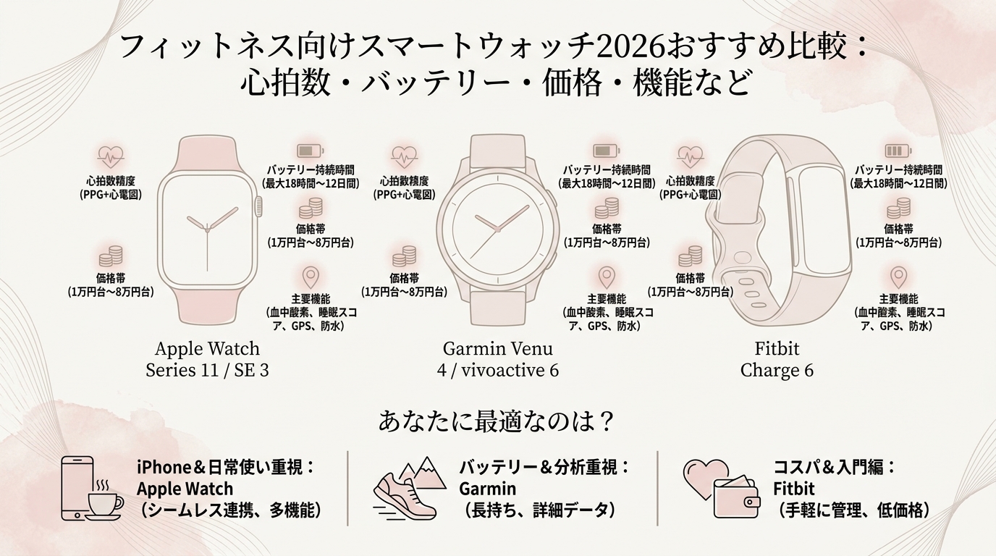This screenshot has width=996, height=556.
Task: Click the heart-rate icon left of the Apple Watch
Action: tap(111, 156)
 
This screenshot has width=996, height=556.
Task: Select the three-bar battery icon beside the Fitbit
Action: tap(898, 151)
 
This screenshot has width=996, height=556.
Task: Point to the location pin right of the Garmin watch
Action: tap(607, 277)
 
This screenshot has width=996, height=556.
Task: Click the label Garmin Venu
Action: tap(497, 349)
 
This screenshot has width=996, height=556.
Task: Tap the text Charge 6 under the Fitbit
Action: tap(777, 370)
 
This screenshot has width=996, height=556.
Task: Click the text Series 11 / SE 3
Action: tap(207, 370)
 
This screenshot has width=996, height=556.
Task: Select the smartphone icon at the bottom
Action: tap(77, 488)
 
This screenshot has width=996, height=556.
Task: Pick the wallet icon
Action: tap(736, 498)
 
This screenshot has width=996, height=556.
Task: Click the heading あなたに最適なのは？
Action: tap(497, 421)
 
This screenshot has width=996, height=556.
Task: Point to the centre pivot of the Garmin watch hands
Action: tap(497, 229)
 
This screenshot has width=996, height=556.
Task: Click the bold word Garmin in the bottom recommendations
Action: tap(487, 489)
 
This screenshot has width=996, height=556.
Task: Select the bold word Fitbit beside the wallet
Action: tap(793, 489)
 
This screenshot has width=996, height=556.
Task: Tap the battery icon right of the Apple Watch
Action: tap(311, 151)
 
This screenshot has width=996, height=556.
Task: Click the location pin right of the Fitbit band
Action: tap(898, 277)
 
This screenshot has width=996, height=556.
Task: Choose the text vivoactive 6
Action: tap(510, 370)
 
